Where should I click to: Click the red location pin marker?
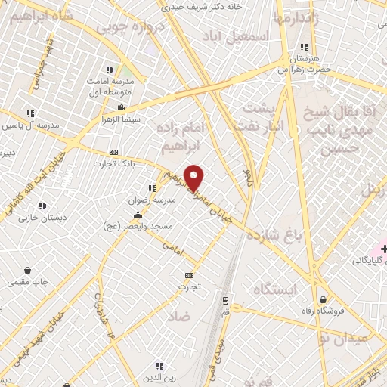pyautogui.click(x=194, y=178)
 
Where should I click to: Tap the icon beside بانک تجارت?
pyautogui.click(x=114, y=151)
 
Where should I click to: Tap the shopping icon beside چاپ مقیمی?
pyautogui.click(x=27, y=270)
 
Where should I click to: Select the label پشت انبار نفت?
pyautogui.click(x=259, y=119)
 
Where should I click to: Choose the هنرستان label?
pyautogui.click(x=305, y=58)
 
